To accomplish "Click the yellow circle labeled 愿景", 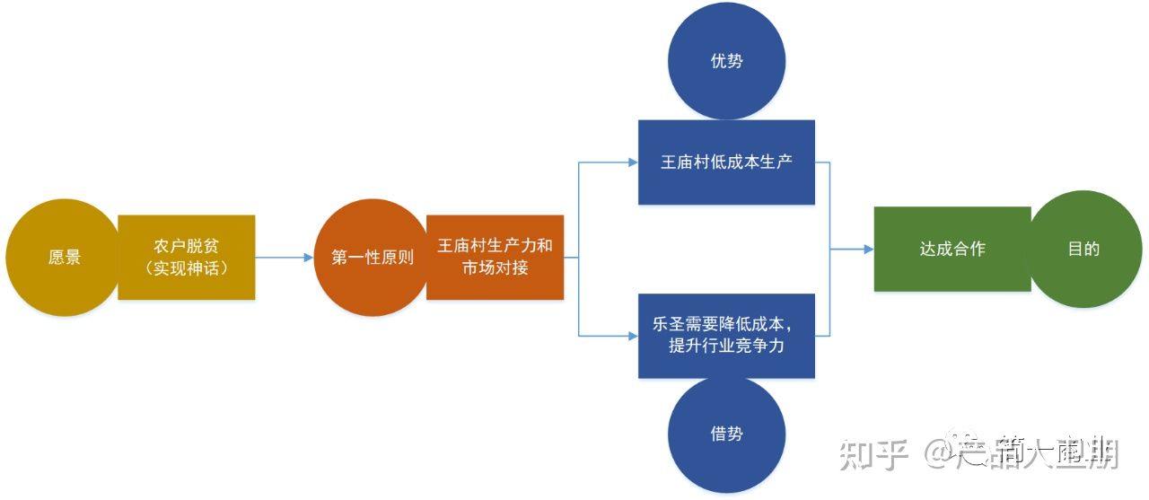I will click(x=63, y=257).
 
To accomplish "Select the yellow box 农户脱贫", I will click(x=186, y=257).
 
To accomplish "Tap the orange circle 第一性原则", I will click(x=371, y=258).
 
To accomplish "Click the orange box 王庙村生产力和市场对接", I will click(x=495, y=257).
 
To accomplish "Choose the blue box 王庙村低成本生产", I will click(x=726, y=162).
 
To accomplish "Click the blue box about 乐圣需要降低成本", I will click(x=726, y=335).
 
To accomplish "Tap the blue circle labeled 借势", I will click(x=726, y=434).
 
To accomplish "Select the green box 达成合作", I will click(x=952, y=249).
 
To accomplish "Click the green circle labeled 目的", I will click(x=1083, y=249).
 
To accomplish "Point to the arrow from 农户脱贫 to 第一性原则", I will click(x=285, y=258).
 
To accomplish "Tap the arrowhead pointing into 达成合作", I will click(x=868, y=249).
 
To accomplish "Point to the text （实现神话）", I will click(x=187, y=268).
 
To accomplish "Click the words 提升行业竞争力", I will click(x=726, y=346).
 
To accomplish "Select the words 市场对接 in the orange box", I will click(x=495, y=268).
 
